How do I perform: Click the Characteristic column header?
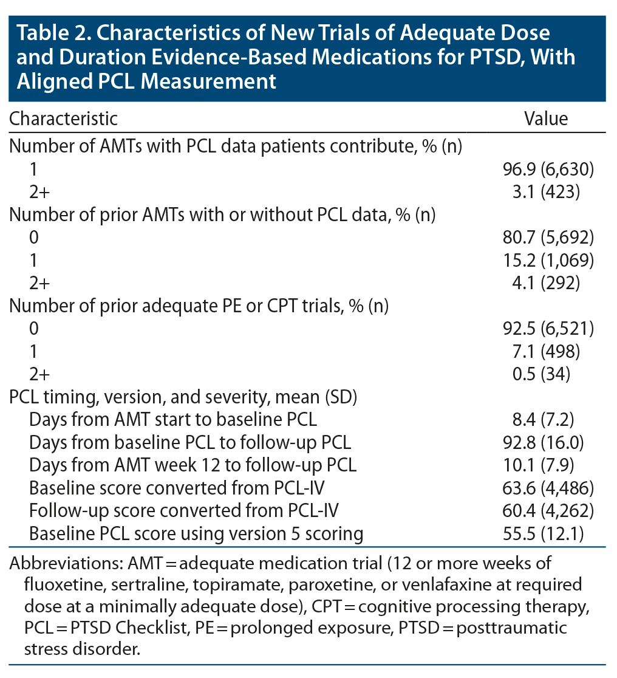63,118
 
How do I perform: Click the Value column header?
546,118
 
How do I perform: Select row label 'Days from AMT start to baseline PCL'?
173,420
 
